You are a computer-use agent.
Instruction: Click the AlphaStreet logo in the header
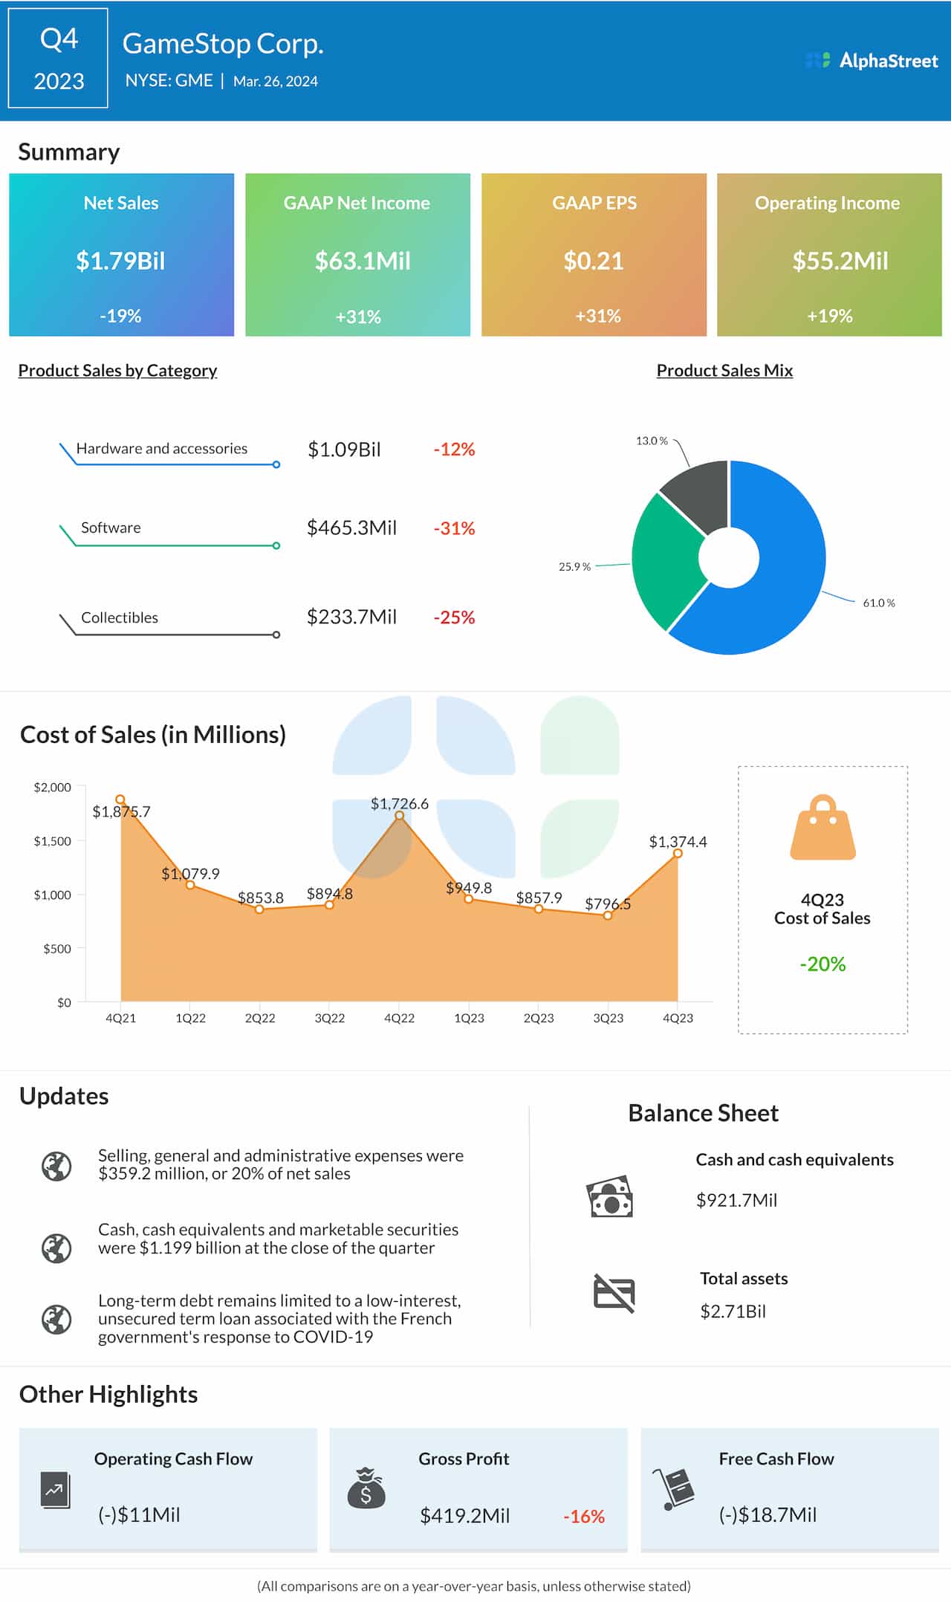pyautogui.click(x=872, y=61)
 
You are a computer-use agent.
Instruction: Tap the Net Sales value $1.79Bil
pyautogui.click(x=120, y=261)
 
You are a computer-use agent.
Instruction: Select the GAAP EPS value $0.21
pyautogui.click(x=593, y=261)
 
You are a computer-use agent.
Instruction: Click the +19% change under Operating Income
pyautogui.click(x=829, y=316)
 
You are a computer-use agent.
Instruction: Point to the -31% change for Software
pyautogui.click(x=454, y=528)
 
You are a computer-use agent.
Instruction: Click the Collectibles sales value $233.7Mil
pyautogui.click(x=351, y=617)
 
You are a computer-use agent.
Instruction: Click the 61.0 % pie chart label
pyautogui.click(x=878, y=603)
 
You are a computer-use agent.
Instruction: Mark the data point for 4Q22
pyautogui.click(x=400, y=816)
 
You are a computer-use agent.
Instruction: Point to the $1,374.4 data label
pyautogui.click(x=678, y=842)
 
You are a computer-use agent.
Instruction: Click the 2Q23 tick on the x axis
pyautogui.click(x=539, y=1018)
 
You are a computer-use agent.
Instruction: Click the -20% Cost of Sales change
pyautogui.click(x=822, y=964)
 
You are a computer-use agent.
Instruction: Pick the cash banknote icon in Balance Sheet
pyautogui.click(x=610, y=1197)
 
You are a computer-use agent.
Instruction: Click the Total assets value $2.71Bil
pyautogui.click(x=733, y=1311)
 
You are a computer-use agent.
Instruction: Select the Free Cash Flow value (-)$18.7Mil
pyautogui.click(x=767, y=1514)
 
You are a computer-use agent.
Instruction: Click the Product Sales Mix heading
pyautogui.click(x=724, y=370)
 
